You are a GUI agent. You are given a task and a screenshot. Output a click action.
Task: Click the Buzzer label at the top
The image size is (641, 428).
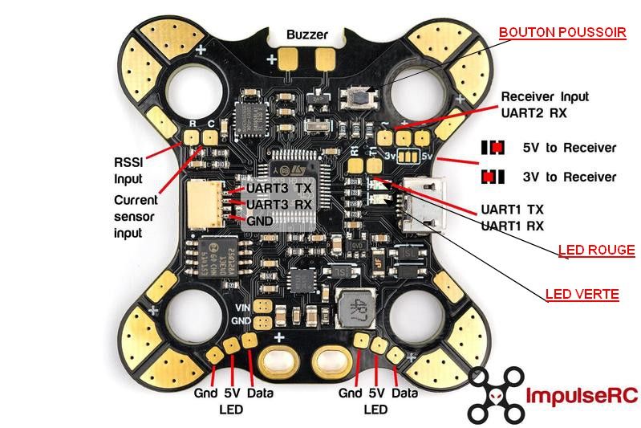tap(306, 35)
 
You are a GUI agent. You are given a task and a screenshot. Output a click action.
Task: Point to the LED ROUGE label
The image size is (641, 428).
tap(597, 251)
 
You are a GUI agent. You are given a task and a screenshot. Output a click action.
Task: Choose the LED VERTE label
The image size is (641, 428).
tap(582, 295)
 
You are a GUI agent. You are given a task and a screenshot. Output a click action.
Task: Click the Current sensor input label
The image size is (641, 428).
tap(135, 216)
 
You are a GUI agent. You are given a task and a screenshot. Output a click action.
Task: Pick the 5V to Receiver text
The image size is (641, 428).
tap(569, 148)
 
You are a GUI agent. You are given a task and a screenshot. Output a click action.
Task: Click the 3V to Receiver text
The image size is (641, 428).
tap(569, 177)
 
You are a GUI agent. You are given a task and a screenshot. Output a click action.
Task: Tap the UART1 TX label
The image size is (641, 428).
tap(513, 207)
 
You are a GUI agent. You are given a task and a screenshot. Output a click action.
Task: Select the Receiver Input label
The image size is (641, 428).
tap(545, 96)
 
